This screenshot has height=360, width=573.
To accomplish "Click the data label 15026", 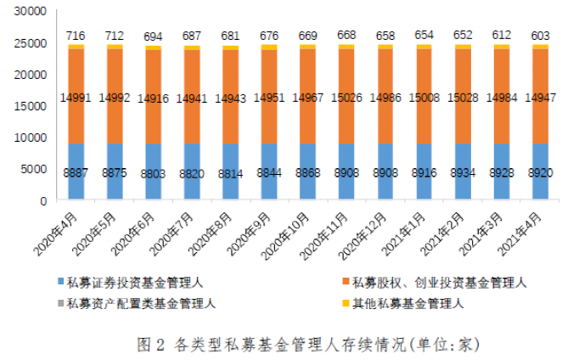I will [347, 98].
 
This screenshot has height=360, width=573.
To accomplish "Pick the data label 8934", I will [463, 172].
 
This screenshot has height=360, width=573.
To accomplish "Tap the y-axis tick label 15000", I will [31, 106].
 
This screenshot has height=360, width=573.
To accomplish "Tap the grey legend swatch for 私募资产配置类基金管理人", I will [61, 301].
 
